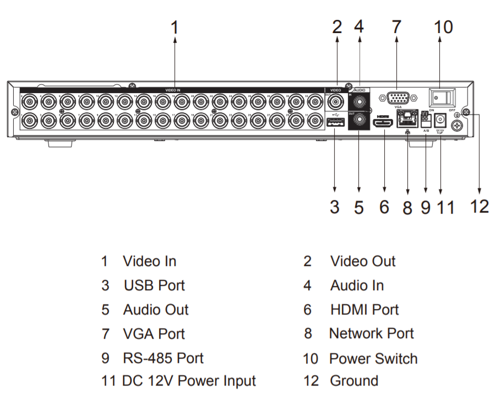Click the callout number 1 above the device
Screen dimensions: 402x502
tap(174, 27)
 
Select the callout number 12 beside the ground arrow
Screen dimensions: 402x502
tap(480, 206)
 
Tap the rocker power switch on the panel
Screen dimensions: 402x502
tap(442, 98)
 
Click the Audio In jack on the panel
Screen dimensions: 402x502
tap(359, 101)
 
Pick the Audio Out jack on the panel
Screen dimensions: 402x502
tap(359, 119)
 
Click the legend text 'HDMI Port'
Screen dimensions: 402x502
tap(364, 309)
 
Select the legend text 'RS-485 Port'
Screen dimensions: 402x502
tap(163, 358)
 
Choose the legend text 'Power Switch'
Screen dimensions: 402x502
tap(373, 358)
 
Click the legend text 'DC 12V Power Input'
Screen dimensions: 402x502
tap(189, 381)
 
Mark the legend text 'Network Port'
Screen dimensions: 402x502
tap(372, 333)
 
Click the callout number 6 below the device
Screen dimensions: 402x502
tap(384, 207)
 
